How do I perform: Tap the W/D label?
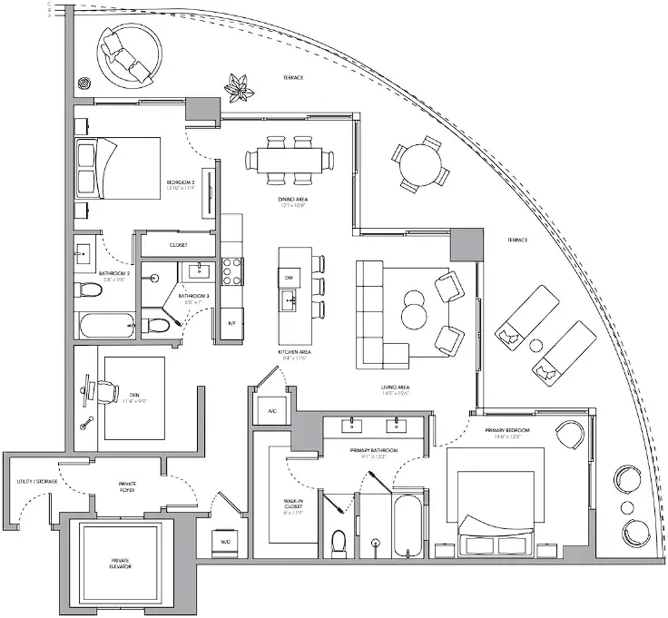[x=225, y=544]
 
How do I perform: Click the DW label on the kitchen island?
[x=288, y=276]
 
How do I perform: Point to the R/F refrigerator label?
[x=231, y=322]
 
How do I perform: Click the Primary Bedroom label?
[x=514, y=430]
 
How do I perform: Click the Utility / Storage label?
[x=31, y=482]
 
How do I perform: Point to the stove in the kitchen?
[x=231, y=269]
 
